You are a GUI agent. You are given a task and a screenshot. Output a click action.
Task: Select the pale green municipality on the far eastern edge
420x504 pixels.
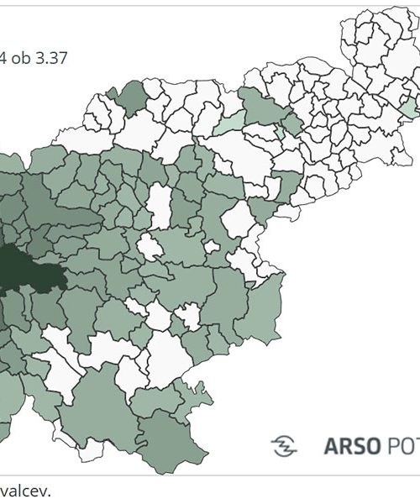click(x=408, y=108)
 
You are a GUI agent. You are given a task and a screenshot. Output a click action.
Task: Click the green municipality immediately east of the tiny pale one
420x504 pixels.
click(x=292, y=123)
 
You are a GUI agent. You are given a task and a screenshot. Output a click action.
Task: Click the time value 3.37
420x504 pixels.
click(x=50, y=58)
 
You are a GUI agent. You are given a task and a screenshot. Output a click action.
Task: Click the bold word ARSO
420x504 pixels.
click(x=350, y=444)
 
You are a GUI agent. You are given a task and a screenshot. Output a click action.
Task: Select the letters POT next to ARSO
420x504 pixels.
click(x=402, y=444)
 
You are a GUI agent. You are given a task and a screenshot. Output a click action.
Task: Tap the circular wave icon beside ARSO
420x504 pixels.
click(x=284, y=444)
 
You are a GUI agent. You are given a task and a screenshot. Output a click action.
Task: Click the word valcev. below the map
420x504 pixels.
click(x=24, y=491)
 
